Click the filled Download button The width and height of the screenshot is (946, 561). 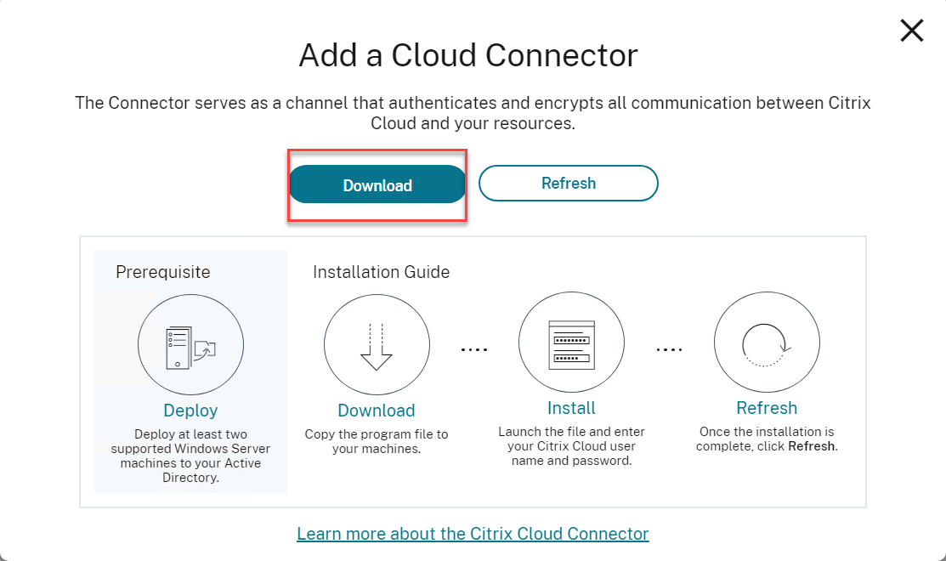point(377,185)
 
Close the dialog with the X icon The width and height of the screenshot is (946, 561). point(911,31)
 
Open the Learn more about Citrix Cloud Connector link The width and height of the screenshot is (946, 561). point(473,534)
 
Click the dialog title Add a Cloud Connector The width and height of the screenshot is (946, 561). point(468,56)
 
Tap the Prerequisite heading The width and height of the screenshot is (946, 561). point(162,272)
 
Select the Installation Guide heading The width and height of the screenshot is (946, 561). point(381,272)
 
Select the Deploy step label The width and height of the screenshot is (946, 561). point(190,411)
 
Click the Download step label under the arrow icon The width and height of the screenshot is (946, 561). point(377,411)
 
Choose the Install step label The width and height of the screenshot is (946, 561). point(571,408)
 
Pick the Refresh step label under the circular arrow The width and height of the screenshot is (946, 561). point(767,408)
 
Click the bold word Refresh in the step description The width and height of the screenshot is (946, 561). point(811,446)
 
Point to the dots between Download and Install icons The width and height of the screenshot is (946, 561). point(473,349)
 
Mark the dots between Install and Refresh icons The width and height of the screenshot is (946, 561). point(669,349)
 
